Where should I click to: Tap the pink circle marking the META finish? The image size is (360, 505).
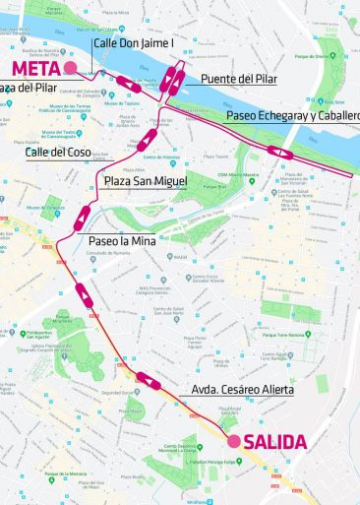70,67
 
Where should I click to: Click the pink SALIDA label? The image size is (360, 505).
274,442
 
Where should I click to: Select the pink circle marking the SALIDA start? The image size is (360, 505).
234,441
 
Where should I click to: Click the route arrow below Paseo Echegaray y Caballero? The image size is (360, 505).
278,152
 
